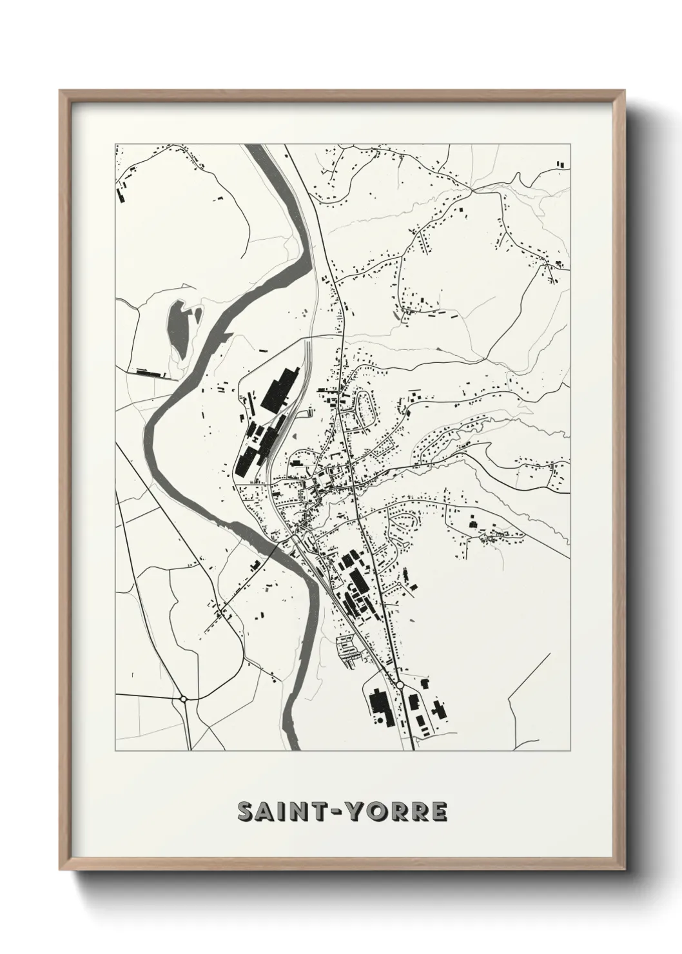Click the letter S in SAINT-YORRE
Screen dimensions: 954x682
247,812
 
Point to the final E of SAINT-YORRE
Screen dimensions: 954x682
438,812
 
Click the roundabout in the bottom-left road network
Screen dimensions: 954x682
184,698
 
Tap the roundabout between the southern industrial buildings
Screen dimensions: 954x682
400,685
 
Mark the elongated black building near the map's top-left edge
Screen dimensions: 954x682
119,196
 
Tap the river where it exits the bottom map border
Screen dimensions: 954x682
294,748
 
